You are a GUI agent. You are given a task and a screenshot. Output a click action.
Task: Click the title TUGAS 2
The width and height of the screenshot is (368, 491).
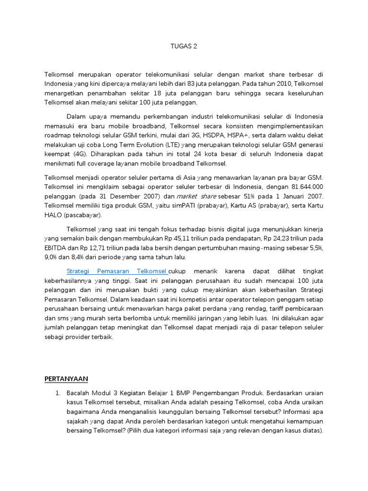coord(184,47)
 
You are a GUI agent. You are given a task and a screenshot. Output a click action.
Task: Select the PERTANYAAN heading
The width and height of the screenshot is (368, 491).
coord(66,379)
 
